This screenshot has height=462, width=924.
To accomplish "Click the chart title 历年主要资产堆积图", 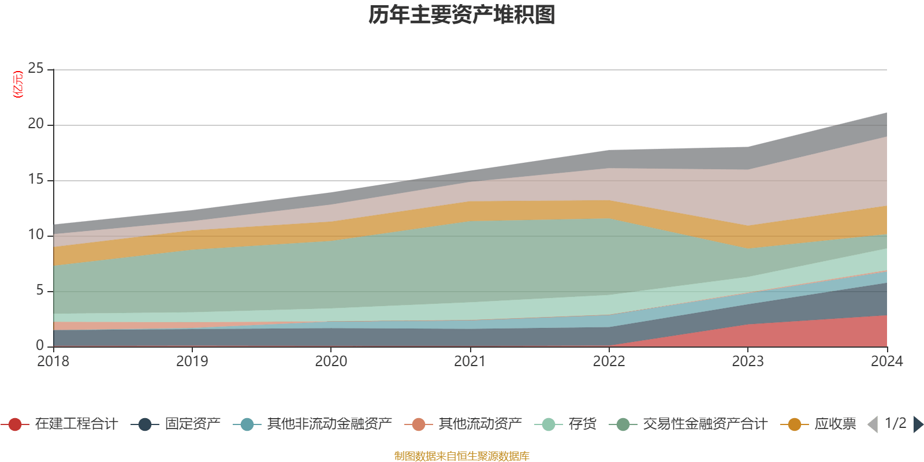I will click(x=462, y=16).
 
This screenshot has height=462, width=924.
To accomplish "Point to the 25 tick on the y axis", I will click(x=36, y=69).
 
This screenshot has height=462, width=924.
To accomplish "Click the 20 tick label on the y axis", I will click(x=36, y=124).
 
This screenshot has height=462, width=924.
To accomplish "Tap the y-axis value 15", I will click(x=36, y=180).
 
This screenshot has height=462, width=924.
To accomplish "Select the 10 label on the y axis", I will click(x=36, y=235).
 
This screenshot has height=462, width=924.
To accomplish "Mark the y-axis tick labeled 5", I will click(x=40, y=290).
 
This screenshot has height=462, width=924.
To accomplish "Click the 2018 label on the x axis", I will click(x=53, y=362).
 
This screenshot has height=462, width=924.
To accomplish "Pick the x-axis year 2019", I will click(x=192, y=362).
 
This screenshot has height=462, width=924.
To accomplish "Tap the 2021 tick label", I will click(x=470, y=362).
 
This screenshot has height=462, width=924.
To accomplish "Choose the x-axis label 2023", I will click(x=747, y=362).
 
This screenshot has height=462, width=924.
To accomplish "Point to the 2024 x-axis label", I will click(x=886, y=362).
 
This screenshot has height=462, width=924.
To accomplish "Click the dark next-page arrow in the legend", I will click(x=918, y=424).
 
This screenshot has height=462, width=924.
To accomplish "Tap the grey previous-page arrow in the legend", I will click(x=873, y=424).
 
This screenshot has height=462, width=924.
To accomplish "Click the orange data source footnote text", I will click(x=462, y=456).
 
